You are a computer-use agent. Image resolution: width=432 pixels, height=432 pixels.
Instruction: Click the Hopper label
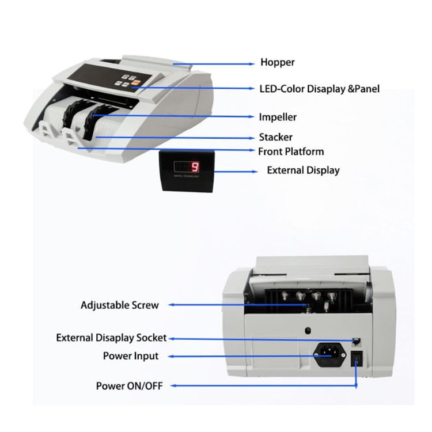[x=277, y=63]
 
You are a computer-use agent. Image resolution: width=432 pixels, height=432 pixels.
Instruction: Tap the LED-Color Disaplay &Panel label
[x=319, y=89]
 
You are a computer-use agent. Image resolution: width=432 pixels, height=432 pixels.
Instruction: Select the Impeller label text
[x=278, y=117]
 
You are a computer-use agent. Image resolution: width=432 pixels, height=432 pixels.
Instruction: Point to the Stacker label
[x=275, y=137]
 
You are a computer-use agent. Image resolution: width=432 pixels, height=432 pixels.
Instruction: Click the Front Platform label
[x=290, y=151]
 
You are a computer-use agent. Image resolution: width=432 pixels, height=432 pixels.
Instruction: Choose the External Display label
[x=303, y=170]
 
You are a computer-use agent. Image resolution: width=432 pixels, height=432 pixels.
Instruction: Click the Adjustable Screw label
[x=119, y=305]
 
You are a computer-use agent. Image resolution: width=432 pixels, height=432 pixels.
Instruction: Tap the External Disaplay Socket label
[x=111, y=338]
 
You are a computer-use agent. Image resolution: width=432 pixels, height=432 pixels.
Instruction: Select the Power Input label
[x=131, y=356]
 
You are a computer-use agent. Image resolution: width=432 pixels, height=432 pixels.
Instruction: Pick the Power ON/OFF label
[x=129, y=385]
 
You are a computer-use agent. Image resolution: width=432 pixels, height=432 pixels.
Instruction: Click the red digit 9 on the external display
[x=195, y=168]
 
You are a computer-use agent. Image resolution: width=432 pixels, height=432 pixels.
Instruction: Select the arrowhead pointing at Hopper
[x=251, y=63]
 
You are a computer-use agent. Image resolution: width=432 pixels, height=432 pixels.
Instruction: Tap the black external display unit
[x=187, y=170]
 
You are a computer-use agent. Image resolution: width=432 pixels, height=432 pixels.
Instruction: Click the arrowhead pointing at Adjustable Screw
[x=169, y=305]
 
